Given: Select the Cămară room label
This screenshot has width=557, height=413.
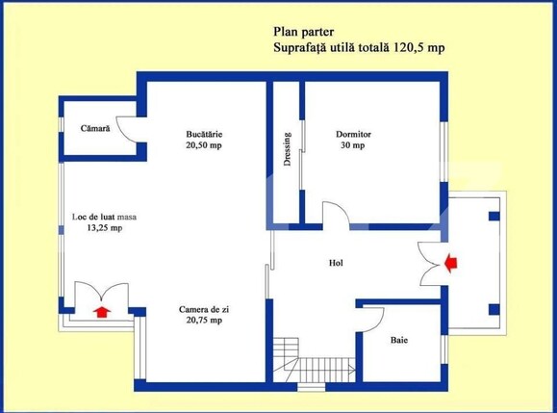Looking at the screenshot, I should coord(95,127).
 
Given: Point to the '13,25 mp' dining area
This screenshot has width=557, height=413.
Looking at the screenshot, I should coord(104,229).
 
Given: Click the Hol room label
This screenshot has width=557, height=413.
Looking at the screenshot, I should coord(336,262).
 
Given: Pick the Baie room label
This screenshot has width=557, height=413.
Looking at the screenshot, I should coord(398,341).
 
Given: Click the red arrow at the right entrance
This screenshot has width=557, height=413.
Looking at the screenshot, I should coord(451,260).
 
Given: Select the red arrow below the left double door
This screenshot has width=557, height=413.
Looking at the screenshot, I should coord(100,310).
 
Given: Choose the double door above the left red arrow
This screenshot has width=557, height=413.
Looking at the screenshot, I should coord(99,293).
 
